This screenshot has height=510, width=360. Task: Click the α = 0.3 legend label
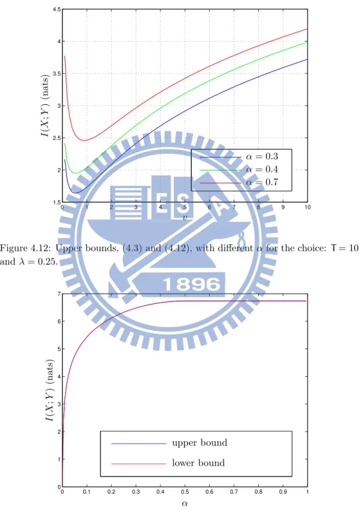click(262, 157)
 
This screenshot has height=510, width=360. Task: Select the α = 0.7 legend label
click(262, 182)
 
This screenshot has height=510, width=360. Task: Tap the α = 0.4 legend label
click(262, 169)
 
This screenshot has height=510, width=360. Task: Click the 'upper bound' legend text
click(200, 443)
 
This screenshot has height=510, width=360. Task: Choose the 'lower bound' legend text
click(198, 463)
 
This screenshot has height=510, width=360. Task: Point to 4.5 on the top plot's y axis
click(57, 10)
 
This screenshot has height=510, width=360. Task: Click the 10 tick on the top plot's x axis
click(308, 207)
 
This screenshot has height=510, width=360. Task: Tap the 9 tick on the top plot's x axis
click(283, 207)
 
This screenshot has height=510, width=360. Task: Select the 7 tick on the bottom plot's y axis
click(59, 294)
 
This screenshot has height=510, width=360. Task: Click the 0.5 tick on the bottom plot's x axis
click(185, 492)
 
